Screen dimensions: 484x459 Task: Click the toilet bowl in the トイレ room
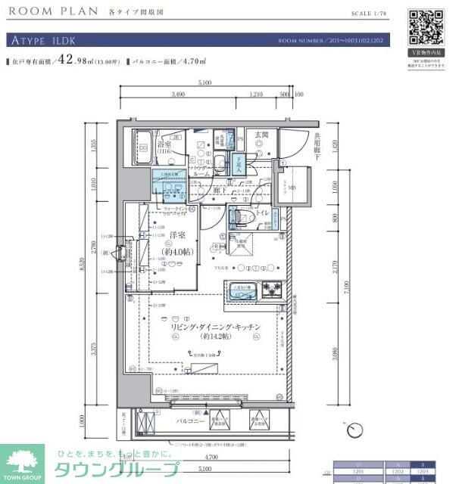tap(242, 216)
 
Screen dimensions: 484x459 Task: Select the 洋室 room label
tap(178, 236)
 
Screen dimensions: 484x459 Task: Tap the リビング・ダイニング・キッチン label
tap(215, 326)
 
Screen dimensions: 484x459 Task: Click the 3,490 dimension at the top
tap(178, 95)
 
